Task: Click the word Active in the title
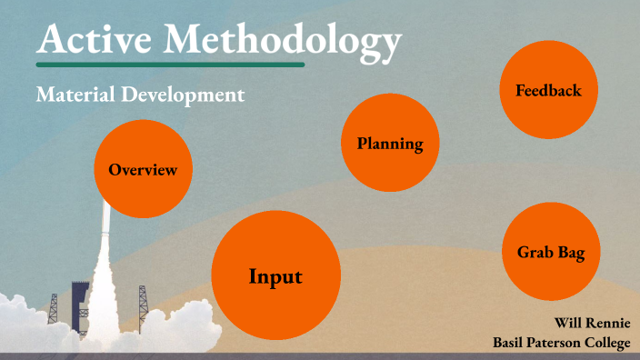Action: (x=86, y=40)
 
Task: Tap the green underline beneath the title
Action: (x=170, y=65)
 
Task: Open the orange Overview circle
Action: (x=144, y=170)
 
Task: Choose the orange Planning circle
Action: (x=390, y=144)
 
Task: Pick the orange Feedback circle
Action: (x=548, y=90)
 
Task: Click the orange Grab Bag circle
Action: (x=550, y=252)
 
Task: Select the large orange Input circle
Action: (x=275, y=275)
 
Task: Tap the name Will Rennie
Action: (x=590, y=324)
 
